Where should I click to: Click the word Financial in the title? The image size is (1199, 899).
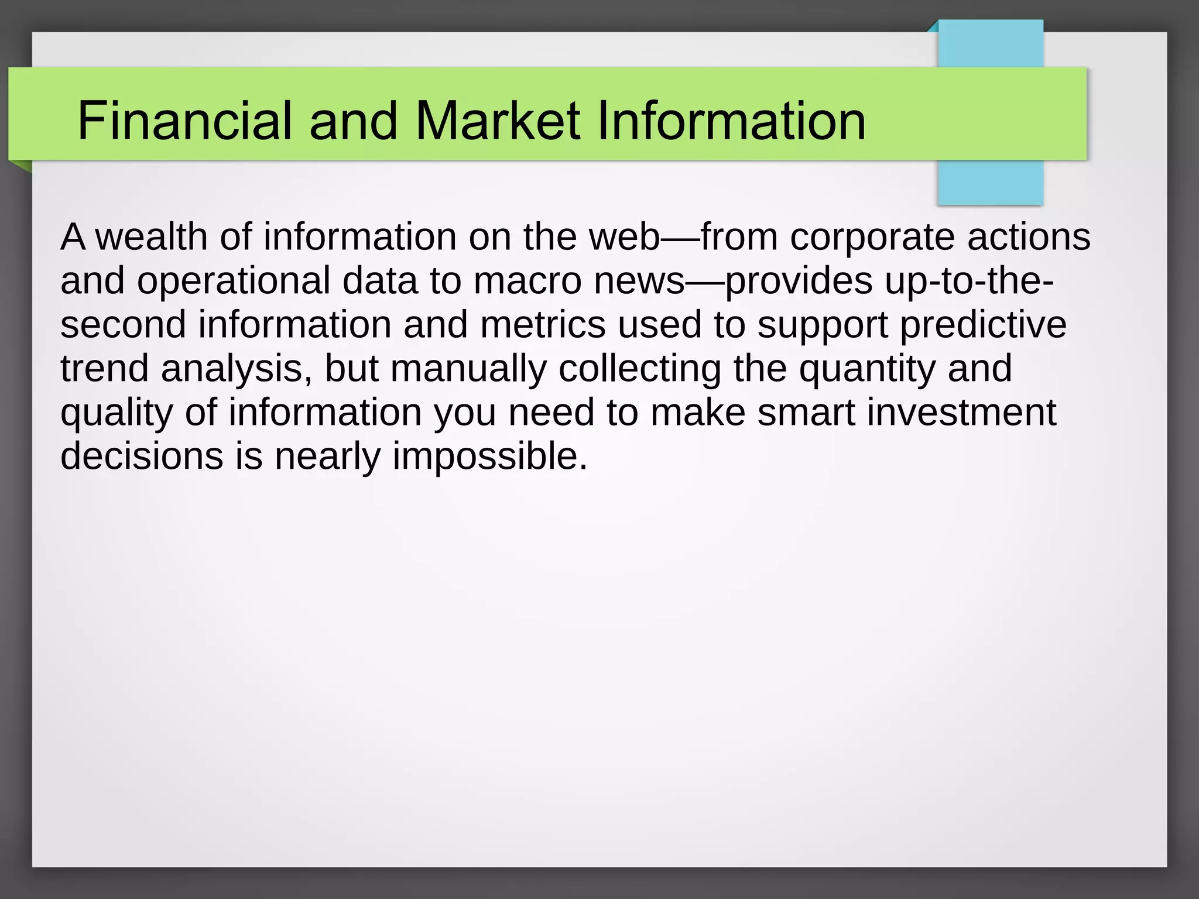pos(184,121)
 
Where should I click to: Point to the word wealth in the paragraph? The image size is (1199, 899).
pos(151,237)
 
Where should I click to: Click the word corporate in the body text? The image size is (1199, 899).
pos(872,237)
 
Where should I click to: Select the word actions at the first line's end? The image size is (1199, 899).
pos(1029,237)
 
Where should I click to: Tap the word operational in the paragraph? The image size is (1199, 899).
pos(234,281)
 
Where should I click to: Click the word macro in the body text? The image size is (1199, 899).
pos(527,281)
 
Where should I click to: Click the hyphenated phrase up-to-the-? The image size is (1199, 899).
pos(969,281)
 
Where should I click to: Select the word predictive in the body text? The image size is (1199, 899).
pos(983,325)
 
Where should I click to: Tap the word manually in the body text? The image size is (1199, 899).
pos(468,369)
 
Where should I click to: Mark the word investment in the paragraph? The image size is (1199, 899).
pos(961,413)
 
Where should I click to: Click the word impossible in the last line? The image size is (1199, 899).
pos(489,457)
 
